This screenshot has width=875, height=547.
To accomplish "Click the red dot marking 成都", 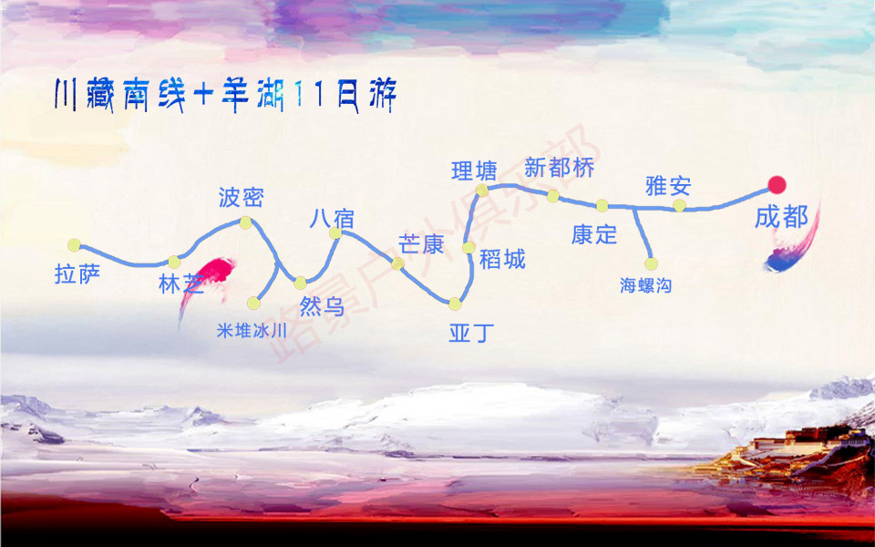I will (777, 185).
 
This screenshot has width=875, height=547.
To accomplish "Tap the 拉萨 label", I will (77, 274).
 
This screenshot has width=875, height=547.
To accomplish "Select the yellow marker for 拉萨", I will (74, 245).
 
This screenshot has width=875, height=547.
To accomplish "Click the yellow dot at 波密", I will (245, 222).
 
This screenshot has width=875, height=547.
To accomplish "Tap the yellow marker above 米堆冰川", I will (253, 303).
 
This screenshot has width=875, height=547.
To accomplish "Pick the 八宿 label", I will (332, 219).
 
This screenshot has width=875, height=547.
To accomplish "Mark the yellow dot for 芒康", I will (397, 263).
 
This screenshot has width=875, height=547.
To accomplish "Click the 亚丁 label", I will (471, 333).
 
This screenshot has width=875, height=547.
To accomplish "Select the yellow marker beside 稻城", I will (468, 247).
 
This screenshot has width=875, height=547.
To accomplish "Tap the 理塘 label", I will (475, 170).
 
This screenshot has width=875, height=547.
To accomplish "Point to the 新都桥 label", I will (560, 168).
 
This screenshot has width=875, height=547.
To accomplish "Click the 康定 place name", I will (594, 234).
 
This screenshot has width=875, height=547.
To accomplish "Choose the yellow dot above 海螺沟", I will (652, 264).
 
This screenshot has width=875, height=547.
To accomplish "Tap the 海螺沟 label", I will (645, 286).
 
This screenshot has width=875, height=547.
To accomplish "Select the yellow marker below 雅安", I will (679, 206).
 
